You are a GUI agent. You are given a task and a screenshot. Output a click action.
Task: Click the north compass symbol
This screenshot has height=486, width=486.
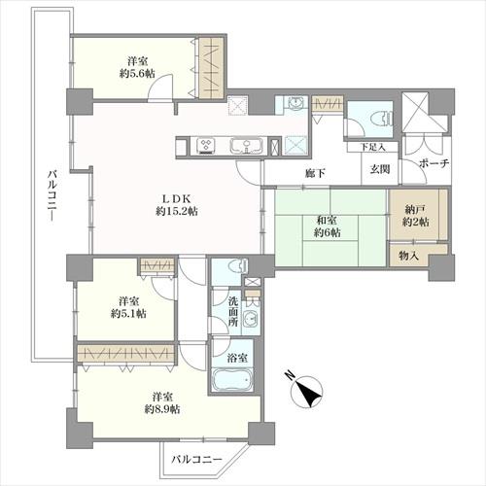coord(306,392)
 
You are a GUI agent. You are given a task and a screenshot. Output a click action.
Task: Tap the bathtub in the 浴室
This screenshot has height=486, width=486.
coord(232,380)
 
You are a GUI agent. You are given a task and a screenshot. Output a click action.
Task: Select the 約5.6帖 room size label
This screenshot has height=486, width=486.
coord(137,74)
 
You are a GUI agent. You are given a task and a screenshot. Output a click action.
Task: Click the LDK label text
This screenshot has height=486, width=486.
coord(177,198)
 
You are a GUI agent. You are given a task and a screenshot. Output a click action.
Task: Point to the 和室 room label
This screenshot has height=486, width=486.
coord(327,221)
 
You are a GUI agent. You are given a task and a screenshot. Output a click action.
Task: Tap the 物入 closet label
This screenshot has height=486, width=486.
coord(408,257)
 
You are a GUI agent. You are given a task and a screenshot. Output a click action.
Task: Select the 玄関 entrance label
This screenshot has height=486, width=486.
coord(380,169)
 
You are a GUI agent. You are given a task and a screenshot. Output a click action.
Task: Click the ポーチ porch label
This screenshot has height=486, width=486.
coord(434,163)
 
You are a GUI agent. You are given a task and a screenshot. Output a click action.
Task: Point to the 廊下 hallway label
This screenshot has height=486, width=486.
coord(315,174)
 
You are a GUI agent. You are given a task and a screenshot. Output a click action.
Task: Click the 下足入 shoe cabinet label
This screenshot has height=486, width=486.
coord(373,147)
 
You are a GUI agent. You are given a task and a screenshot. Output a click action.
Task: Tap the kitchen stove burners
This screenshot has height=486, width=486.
coord(206,145)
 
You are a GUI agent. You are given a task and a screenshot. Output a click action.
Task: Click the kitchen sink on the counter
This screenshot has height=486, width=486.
coord(246,146)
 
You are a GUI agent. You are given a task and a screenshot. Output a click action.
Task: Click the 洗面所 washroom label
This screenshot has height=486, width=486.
coord(233,312)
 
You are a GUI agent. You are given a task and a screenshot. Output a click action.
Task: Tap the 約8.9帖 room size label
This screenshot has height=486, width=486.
coord(162,409)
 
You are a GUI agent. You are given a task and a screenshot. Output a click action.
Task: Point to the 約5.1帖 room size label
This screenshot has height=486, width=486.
coord(128,314)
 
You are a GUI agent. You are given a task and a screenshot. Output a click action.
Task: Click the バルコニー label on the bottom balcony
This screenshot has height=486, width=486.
coord(196,459)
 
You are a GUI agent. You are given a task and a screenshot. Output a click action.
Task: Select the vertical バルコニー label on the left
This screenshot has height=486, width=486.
coord(52,196)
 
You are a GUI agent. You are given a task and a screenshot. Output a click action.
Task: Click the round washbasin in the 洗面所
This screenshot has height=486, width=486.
coord(249,318)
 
